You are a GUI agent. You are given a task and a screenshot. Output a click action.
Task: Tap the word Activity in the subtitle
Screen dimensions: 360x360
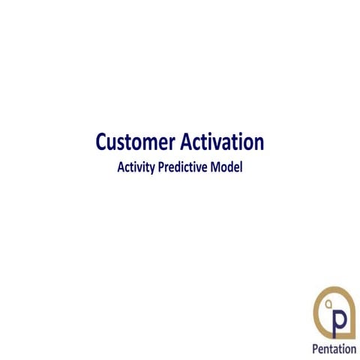136,167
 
